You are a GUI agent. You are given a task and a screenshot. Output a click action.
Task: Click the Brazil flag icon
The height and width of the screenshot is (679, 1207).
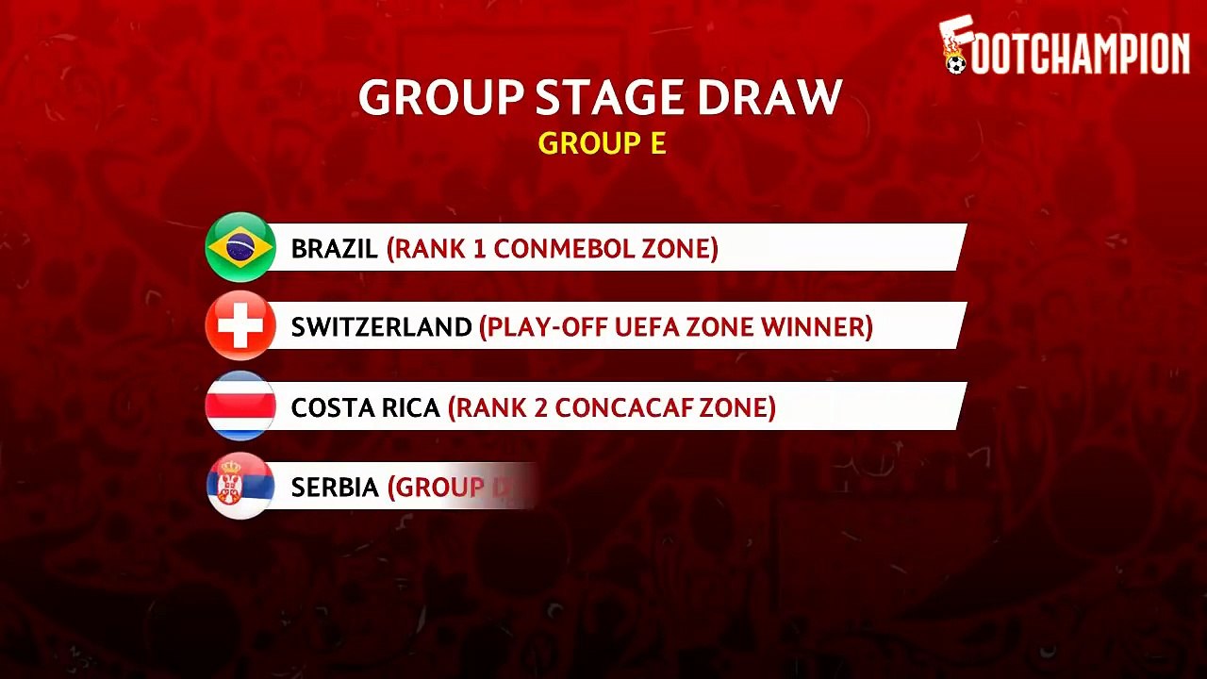coord(240,247)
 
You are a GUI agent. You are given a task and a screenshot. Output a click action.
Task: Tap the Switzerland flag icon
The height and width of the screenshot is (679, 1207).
coord(240,325)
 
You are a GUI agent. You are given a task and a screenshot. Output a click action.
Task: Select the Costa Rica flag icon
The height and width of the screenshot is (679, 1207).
coord(240,406)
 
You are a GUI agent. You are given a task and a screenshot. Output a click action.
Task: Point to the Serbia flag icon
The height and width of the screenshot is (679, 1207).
coord(240,486)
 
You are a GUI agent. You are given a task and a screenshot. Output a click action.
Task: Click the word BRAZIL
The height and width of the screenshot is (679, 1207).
coord(334,249)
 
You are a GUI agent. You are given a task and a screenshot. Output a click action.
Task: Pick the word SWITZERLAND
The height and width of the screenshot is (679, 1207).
coord(381,327)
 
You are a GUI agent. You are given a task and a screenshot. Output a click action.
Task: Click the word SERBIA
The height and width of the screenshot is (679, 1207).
coord(335,488)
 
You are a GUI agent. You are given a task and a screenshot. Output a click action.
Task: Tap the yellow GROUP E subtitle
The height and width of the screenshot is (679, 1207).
coord(602,143)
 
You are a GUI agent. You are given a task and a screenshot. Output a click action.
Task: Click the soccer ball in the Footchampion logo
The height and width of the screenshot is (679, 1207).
coord(956,64)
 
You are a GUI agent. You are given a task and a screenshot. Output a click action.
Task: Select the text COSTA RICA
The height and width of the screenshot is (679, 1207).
coord(365,408)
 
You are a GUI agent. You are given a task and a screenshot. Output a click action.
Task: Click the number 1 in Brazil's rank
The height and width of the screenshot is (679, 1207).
coord(480,249)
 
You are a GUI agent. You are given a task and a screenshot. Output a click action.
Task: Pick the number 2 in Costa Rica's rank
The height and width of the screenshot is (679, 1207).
coord(540,408)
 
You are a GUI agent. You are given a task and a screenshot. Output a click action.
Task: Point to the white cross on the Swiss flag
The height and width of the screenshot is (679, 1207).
coord(240,326)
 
